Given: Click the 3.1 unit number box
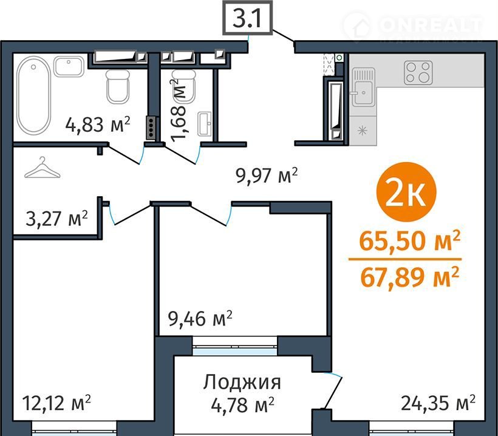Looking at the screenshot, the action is click(x=247, y=18).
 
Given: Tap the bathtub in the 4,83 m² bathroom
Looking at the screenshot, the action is click(x=33, y=95).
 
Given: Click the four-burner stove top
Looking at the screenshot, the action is click(x=418, y=72).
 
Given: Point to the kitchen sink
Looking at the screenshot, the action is click(x=363, y=87).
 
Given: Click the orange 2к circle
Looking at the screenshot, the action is click(x=406, y=192).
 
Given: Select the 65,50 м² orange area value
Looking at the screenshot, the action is click(x=409, y=241).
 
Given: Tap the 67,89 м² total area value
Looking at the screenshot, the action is click(x=410, y=278).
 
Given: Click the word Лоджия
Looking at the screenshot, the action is click(x=242, y=383).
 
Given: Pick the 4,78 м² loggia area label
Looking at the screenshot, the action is click(x=243, y=405).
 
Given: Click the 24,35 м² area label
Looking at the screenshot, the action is click(x=438, y=403).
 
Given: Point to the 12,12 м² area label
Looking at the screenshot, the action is click(x=56, y=403).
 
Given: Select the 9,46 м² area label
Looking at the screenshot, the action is click(x=200, y=319).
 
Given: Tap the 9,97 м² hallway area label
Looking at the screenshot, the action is click(x=267, y=175).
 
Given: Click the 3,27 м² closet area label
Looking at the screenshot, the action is click(x=56, y=219).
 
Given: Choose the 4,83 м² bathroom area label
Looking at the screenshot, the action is click(x=98, y=124).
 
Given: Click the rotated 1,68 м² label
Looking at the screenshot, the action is click(x=178, y=110).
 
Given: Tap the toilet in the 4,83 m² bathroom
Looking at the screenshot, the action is click(x=118, y=86).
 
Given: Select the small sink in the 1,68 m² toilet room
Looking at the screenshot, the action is click(x=205, y=124).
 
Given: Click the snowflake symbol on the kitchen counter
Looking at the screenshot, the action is click(x=363, y=131).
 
